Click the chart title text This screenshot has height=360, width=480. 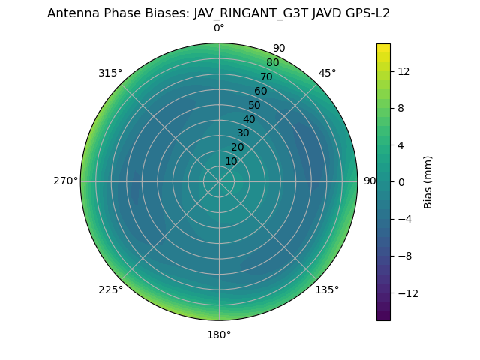pyautogui.click(x=218, y=13)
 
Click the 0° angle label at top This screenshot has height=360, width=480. pyautogui.click(x=219, y=28)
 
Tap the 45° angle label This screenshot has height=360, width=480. pyautogui.click(x=327, y=73)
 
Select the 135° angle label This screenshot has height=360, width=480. pyautogui.click(x=327, y=289)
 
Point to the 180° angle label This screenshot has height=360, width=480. pyautogui.click(x=219, y=334)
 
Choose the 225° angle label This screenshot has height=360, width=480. pyautogui.click(x=110, y=289)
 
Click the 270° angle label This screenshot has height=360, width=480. pyautogui.click(x=65, y=181)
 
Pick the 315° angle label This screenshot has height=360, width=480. pyautogui.click(x=110, y=73)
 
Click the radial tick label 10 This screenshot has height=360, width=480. pyautogui.click(x=231, y=161)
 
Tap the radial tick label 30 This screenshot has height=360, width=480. pyautogui.click(x=243, y=133)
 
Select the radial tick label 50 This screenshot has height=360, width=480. pyautogui.click(x=255, y=105)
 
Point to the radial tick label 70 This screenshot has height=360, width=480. pyautogui.click(x=266, y=76)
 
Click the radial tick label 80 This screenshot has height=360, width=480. pyautogui.click(x=272, y=62)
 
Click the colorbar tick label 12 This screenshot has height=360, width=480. pyautogui.click(x=403, y=71)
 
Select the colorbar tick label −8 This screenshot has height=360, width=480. pyautogui.click(x=403, y=256)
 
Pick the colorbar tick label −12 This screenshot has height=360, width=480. pyautogui.click(x=406, y=292)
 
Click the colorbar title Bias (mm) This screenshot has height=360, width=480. pyautogui.click(x=428, y=181)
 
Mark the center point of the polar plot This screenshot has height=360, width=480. pyautogui.click(x=219, y=181)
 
